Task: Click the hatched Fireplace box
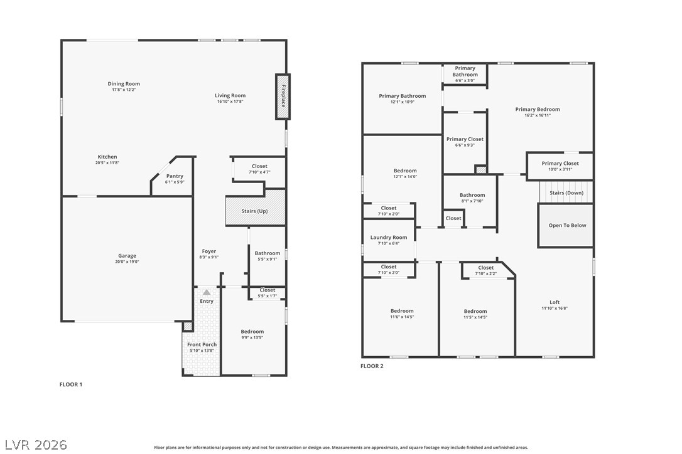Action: tap(283, 97)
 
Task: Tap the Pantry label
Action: tap(175, 176)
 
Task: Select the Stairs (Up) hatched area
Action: tap(256, 208)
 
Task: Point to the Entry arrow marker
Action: tap(207, 292)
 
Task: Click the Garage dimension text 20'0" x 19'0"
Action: tap(127, 261)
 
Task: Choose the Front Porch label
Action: tap(202, 344)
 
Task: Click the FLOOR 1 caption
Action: tap(71, 384)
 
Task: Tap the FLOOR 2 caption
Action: tap(372, 366)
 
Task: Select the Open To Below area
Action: tap(566, 226)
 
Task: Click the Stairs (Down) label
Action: tap(566, 193)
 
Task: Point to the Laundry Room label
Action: tap(388, 237)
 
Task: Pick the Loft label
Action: tap(555, 302)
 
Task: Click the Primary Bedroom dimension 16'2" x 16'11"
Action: tap(538, 115)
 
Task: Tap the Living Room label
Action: tap(230, 95)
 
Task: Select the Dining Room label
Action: tap(124, 84)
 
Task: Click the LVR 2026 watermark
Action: tap(36, 445)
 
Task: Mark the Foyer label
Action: tap(208, 251)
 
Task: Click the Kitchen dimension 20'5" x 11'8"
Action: tap(107, 163)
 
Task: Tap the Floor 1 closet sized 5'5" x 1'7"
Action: tap(268, 293)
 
